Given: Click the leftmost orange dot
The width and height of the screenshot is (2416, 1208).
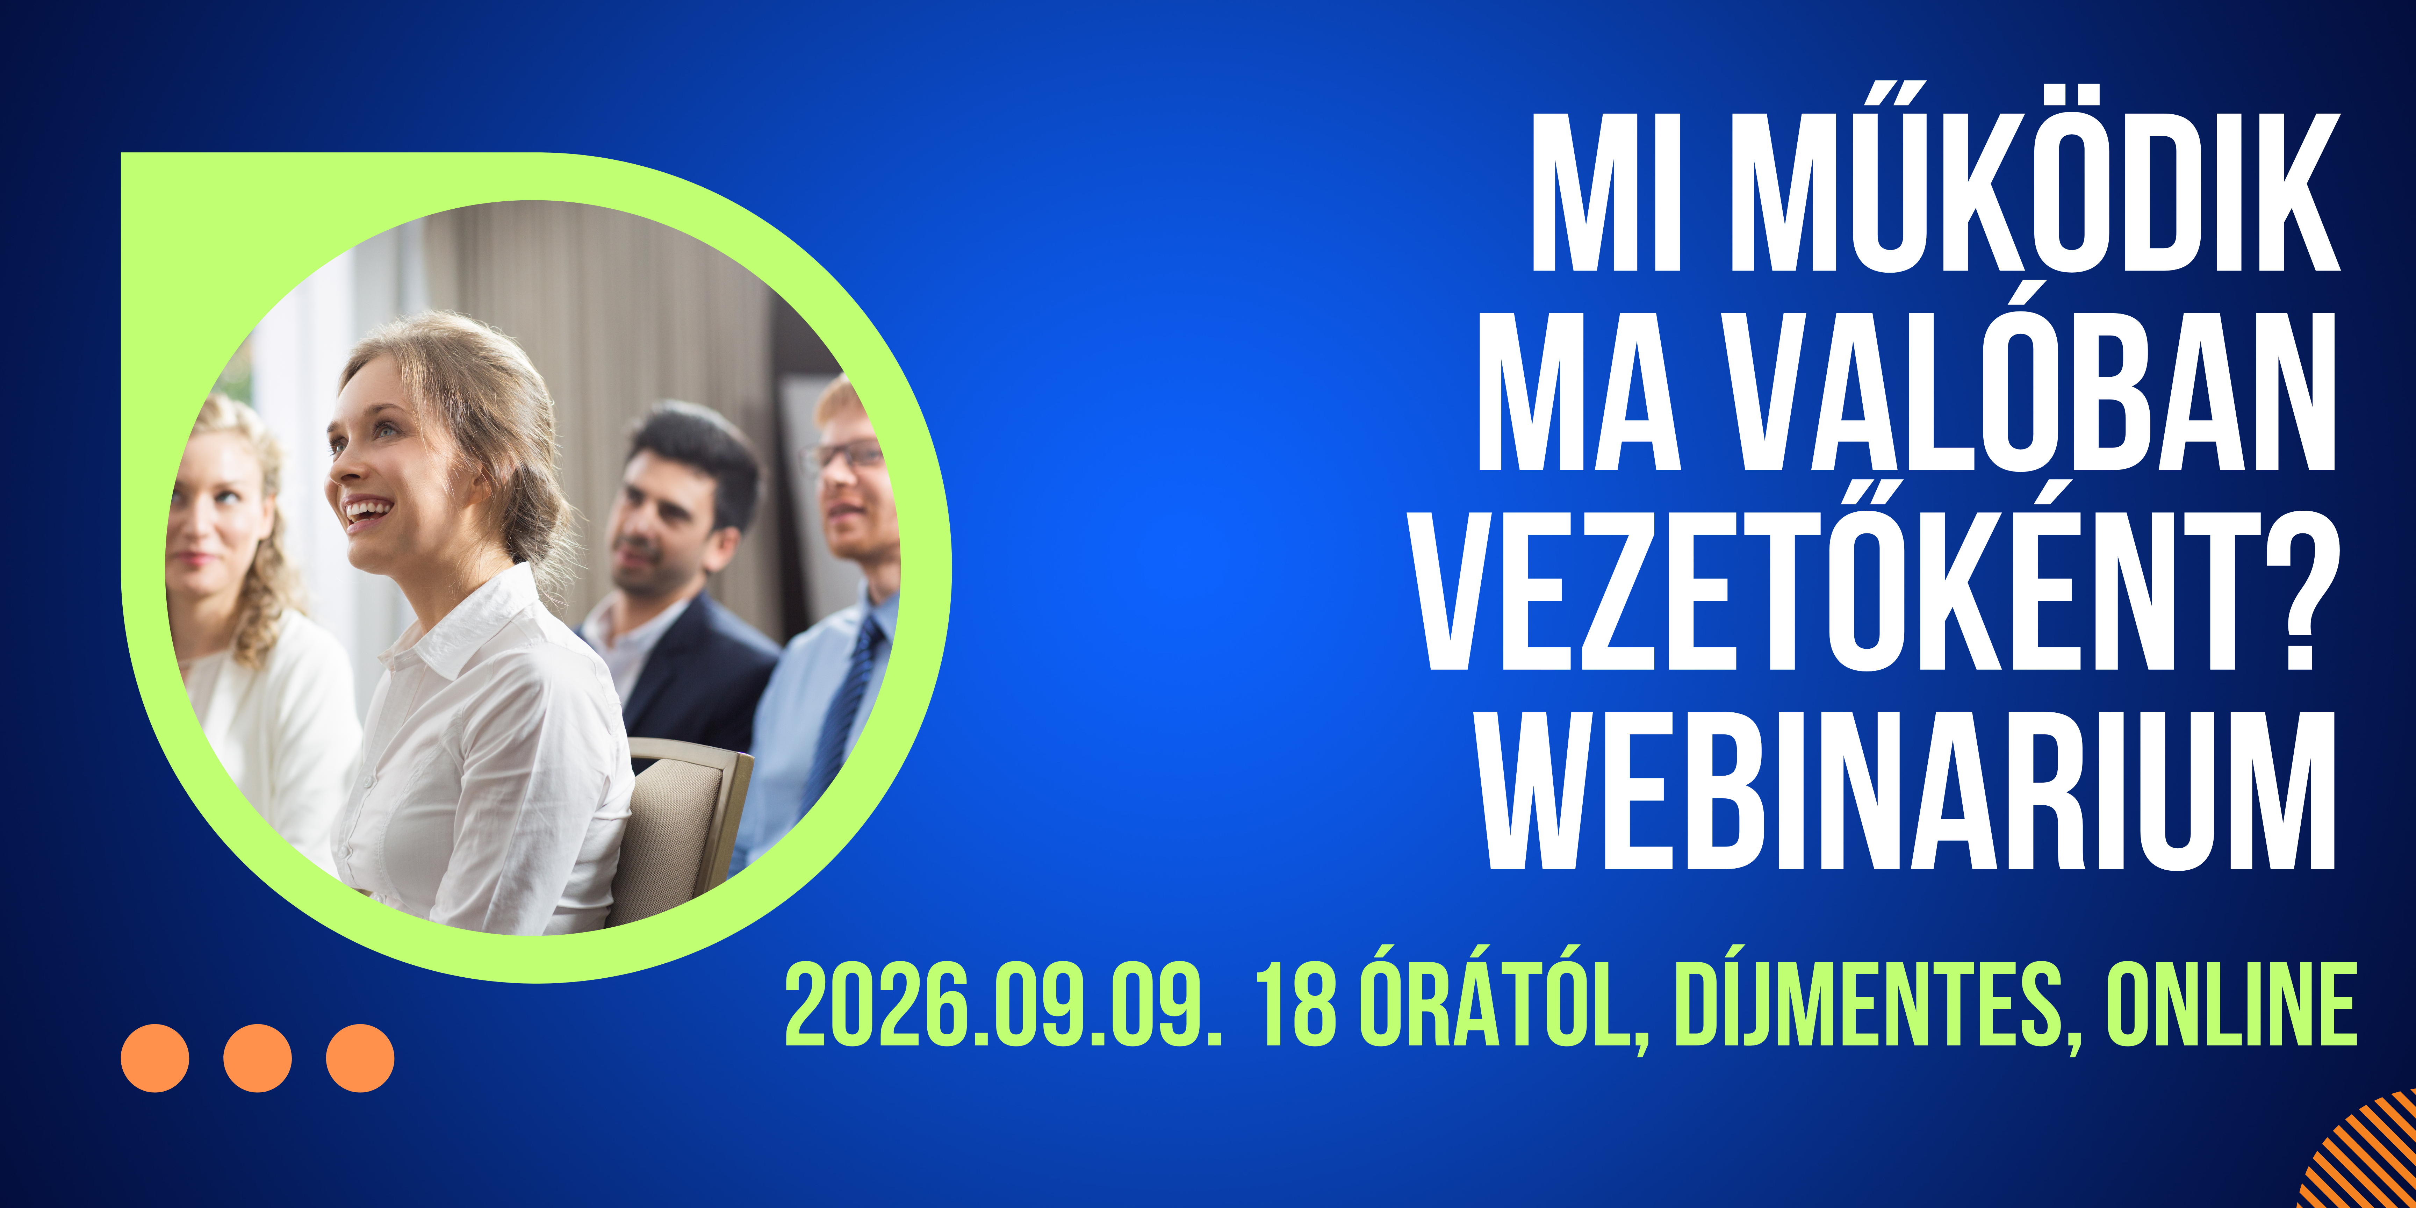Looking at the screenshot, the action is [x=155, y=1058].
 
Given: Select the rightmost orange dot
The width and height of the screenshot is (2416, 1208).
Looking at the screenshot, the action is [x=360, y=1058].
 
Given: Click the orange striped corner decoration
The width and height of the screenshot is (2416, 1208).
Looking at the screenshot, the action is [x=2368, y=1158].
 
